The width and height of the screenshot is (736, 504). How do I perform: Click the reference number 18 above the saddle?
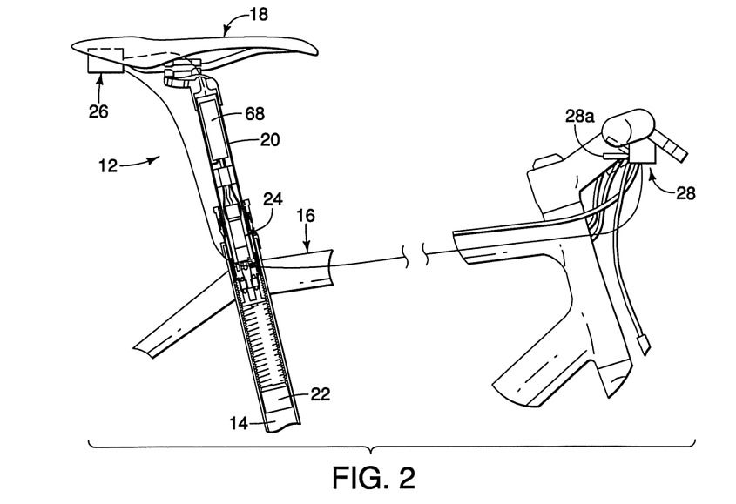click(259, 14)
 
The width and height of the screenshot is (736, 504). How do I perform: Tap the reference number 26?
click(98, 111)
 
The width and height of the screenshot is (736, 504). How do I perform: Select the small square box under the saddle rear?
click(106, 61)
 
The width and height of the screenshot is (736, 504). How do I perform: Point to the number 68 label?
click(254, 113)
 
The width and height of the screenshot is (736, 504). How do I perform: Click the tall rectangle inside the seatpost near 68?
click(214, 129)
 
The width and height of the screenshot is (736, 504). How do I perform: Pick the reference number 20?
click(269, 139)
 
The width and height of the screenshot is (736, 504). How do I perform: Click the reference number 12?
click(107, 165)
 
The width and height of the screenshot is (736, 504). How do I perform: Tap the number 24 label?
click(273, 199)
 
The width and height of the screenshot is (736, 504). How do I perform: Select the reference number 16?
click(306, 216)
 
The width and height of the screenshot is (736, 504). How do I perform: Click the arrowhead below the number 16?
click(307, 249)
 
